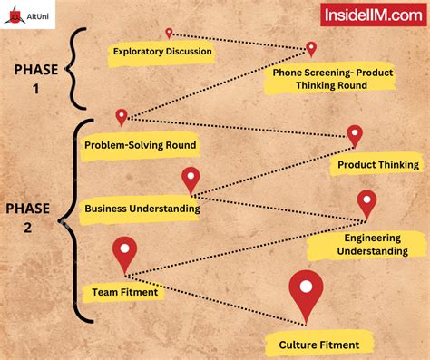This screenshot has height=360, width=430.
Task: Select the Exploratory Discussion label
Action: [x=162, y=52]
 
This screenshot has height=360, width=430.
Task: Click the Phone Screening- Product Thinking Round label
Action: [x=331, y=79]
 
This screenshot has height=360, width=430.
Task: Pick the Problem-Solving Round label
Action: [x=140, y=145]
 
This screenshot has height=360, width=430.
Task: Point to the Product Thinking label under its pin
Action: [x=378, y=164]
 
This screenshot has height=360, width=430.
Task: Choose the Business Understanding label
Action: [x=142, y=209]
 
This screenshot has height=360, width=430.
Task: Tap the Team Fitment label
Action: [x=125, y=292]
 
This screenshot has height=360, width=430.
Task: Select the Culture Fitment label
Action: [x=318, y=344]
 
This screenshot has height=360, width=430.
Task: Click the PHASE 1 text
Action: [x=35, y=79]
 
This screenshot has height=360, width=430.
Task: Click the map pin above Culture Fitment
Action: [x=307, y=293]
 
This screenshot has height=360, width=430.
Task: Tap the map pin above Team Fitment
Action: [x=124, y=253]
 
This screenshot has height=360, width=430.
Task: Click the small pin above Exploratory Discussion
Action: [x=169, y=34]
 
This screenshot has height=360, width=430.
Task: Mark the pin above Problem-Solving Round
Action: [x=122, y=117]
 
